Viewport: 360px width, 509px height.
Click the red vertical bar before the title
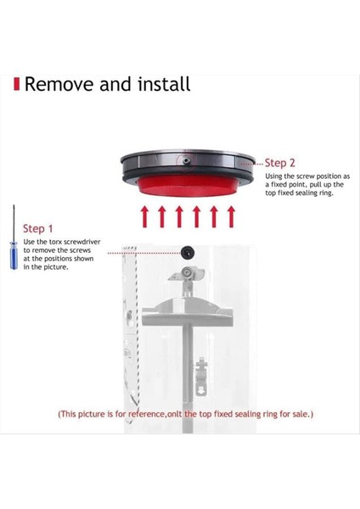(16, 85)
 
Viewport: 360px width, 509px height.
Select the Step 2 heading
(280, 163)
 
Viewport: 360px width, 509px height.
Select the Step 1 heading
(38, 228)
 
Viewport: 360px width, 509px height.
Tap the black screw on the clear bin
(186, 251)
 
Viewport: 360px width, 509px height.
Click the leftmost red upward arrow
(145, 217)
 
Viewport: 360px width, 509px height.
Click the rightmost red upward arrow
(230, 217)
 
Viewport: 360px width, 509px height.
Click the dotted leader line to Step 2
(252, 162)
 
